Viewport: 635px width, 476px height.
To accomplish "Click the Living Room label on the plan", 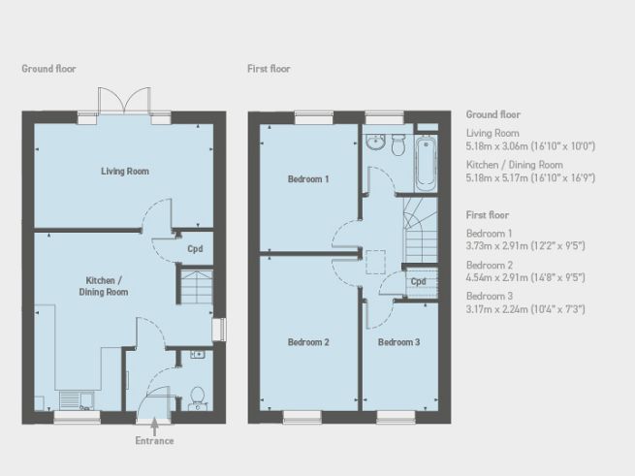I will pos(125,171).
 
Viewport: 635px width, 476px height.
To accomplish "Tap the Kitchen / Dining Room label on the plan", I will pos(104,285).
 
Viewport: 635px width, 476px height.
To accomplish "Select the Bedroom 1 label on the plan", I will pos(308,179).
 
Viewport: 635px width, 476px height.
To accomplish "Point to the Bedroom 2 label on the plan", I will pos(308,342).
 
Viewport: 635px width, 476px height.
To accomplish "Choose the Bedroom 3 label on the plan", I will pos(398,342).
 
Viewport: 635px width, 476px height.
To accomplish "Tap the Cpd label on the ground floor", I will pos(195,247).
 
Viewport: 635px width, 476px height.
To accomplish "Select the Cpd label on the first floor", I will pos(418,282).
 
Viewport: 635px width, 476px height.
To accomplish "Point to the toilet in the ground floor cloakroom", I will pos(196,396).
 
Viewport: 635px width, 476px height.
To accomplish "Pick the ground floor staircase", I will pos(194,288).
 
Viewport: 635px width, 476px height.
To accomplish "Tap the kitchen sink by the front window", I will pos(74,399).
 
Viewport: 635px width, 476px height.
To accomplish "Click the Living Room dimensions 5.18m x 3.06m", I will pos(530,146).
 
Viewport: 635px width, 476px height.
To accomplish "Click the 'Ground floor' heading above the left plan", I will pos(48,69).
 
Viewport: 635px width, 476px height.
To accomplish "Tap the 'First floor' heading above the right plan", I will pos(270,69).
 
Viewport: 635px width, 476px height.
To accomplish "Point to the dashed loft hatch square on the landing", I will pos(374,262).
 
